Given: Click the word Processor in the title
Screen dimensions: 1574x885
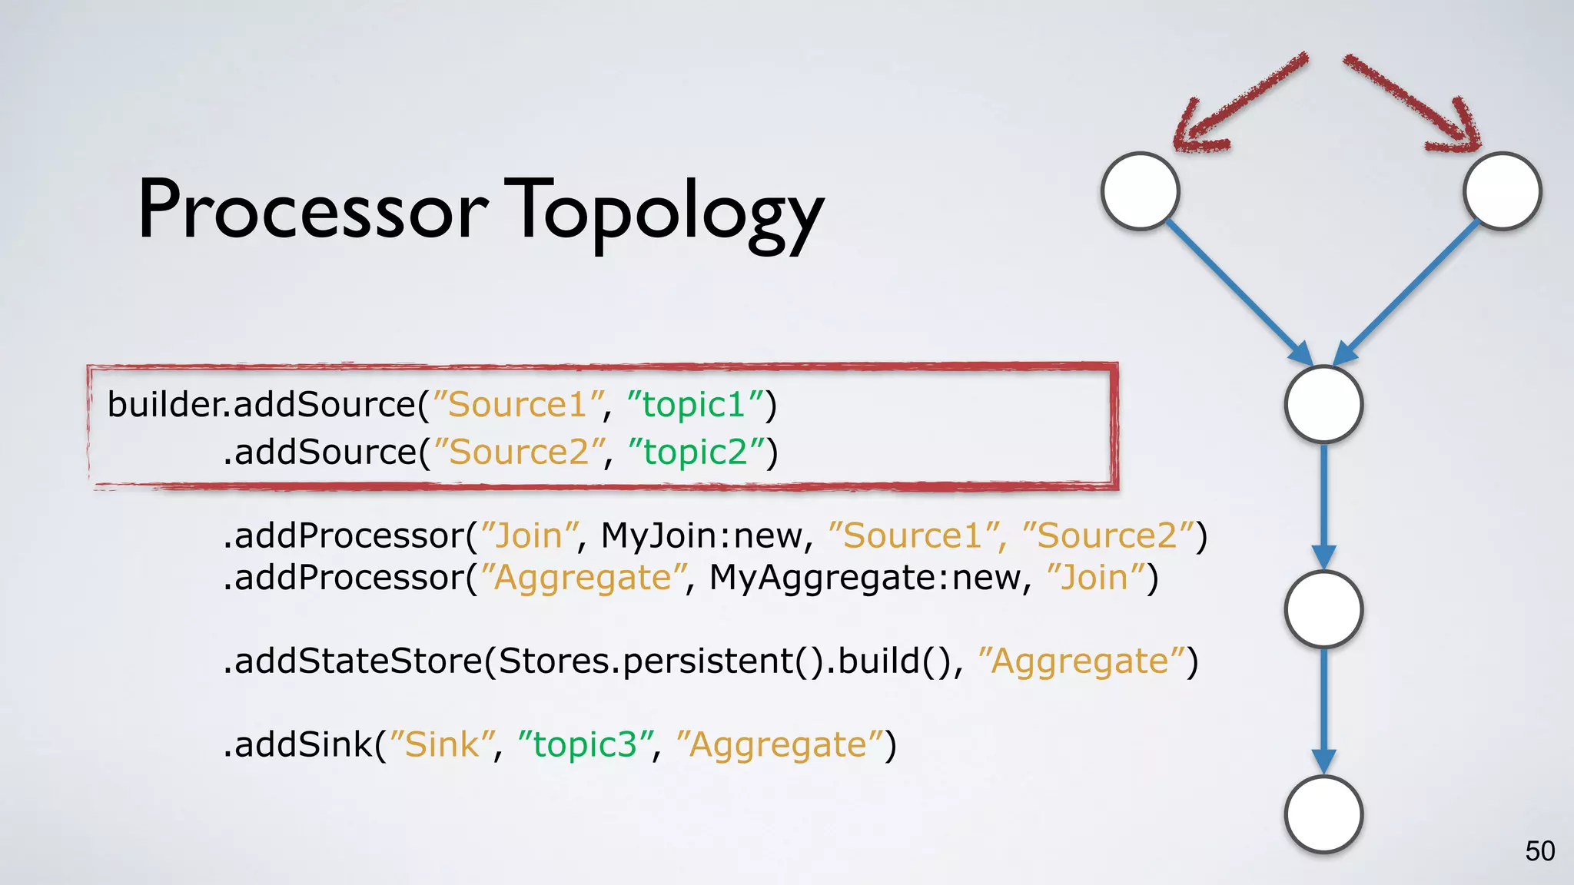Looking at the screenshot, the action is (312, 210).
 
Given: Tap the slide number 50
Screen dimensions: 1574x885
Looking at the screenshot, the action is (1539, 851).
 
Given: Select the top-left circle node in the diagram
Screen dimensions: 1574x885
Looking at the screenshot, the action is (1140, 191).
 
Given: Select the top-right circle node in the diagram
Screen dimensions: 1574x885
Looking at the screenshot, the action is (1502, 191).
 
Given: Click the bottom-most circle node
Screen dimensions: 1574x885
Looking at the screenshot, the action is (1323, 814).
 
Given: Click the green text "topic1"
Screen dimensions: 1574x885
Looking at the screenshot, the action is (694, 405).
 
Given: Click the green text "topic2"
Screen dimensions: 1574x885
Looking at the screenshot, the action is (696, 452).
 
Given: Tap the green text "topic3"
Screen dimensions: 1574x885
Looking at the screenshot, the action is (586, 744).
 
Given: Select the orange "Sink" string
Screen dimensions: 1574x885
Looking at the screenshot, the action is (442, 744).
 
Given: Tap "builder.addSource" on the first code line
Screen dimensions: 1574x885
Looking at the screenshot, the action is (261, 405).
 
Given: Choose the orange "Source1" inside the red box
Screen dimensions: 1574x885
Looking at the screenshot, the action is (518, 405).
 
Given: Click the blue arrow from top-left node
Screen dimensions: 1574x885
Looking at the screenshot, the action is (1237, 292).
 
